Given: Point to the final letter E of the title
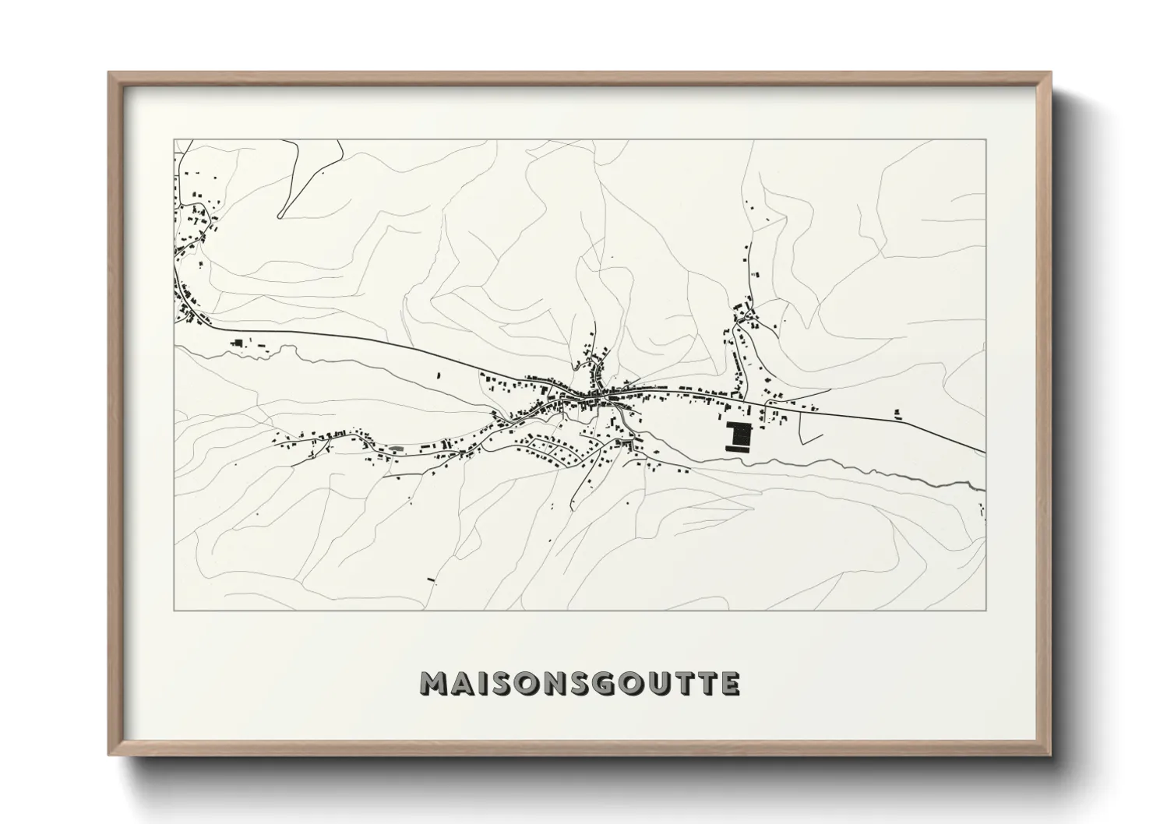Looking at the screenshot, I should tap(729, 684).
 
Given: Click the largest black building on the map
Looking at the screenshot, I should tap(736, 436).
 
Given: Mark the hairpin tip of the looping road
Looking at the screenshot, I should tap(280, 215).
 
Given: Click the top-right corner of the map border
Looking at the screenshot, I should tap(986, 140).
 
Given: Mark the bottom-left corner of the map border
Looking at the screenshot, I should tap(174, 611).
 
